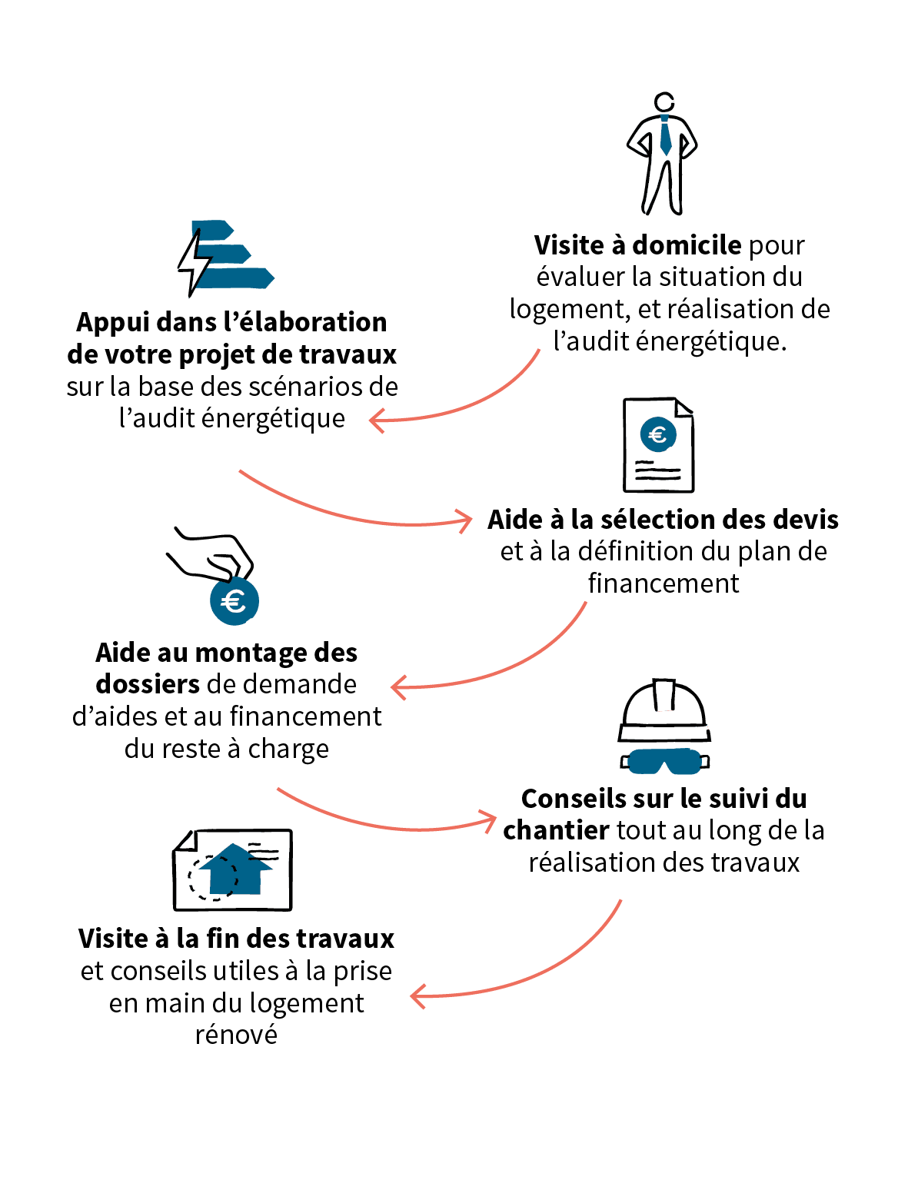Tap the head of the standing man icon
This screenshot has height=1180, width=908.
(664, 101)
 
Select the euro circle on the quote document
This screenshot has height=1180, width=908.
(657, 434)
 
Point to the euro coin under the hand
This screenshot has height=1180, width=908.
(234, 600)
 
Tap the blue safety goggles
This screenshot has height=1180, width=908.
(665, 761)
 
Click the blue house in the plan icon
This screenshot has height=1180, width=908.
(235, 869)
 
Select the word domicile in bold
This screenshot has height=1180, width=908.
(687, 245)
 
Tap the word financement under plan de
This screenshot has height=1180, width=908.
(663, 583)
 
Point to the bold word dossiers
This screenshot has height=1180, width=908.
(148, 684)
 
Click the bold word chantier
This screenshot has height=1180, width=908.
(556, 830)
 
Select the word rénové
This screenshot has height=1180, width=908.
(236, 1035)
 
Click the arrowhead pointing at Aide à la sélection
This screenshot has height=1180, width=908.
(466, 521)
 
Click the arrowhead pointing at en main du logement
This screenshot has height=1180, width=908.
(417, 996)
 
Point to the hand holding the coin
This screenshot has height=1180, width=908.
(211, 554)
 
